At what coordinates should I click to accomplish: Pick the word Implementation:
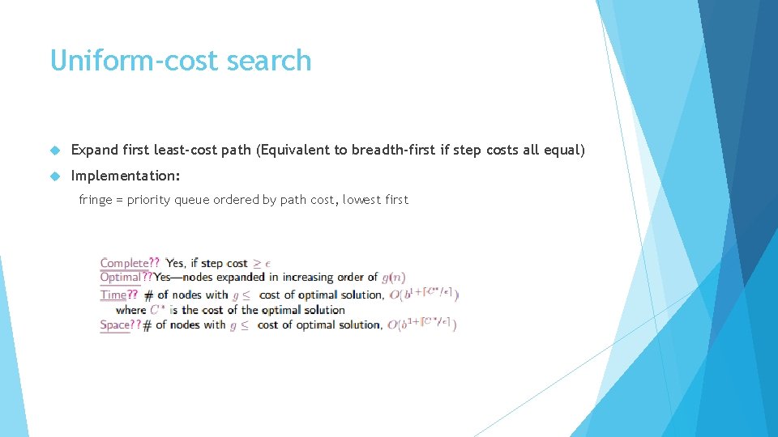[x=126, y=176]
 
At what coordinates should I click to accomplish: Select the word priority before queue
[x=148, y=200]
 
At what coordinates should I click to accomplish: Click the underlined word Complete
[x=124, y=263]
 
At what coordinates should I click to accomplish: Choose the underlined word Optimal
[x=120, y=278]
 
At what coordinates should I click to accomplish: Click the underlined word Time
[x=113, y=295]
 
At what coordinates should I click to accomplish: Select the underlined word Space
[x=114, y=325]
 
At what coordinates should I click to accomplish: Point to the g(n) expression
[x=393, y=278]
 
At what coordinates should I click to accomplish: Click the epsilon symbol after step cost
[x=267, y=264]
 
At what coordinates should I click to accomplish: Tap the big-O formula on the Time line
[x=424, y=295]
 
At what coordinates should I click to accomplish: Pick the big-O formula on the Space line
[x=421, y=325]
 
